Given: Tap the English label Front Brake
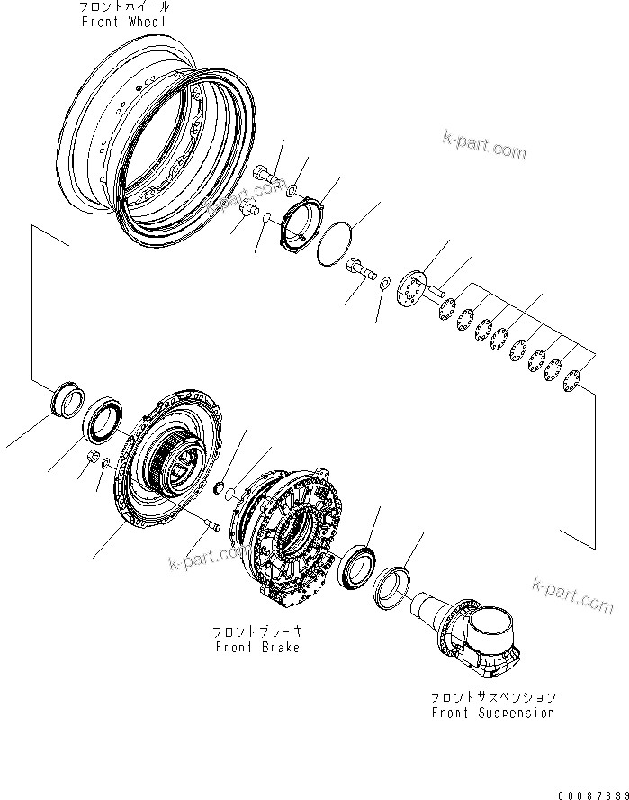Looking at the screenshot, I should coord(256,648).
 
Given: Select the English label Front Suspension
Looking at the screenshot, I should coord(491,713).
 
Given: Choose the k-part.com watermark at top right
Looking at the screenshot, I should coord(484,149).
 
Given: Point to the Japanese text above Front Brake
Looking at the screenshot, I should coord(256,633).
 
